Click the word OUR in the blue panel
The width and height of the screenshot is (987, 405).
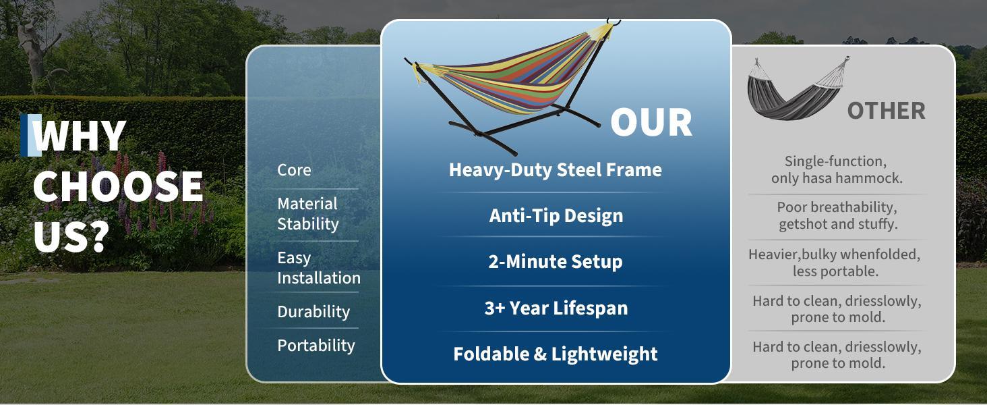pos(651,122)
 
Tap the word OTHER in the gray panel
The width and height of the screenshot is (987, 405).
pos(886,111)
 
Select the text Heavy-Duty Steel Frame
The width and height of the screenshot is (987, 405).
pos(556,169)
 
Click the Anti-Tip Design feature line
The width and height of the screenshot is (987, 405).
pos(556,215)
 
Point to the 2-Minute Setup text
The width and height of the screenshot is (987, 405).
pos(556,261)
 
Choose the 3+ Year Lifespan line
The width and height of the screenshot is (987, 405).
pos(556,308)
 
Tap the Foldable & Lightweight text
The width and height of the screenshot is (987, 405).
pos(556,354)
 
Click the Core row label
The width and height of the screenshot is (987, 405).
pos(294,169)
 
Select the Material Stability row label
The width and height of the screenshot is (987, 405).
pos(307,213)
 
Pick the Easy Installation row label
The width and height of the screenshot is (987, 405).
pos(318,268)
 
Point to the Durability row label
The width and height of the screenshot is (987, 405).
pos(313,312)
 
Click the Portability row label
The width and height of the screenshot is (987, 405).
pos(316,345)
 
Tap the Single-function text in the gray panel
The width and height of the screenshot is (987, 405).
pos(837,169)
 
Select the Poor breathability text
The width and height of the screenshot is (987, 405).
pos(837,215)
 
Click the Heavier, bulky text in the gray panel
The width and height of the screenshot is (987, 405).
pos(835,263)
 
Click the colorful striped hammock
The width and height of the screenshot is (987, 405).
pos(512,81)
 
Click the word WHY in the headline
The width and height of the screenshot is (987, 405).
pos(80,135)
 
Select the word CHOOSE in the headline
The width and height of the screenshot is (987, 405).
pos(118,186)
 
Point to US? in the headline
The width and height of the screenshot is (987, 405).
pos(71,236)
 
